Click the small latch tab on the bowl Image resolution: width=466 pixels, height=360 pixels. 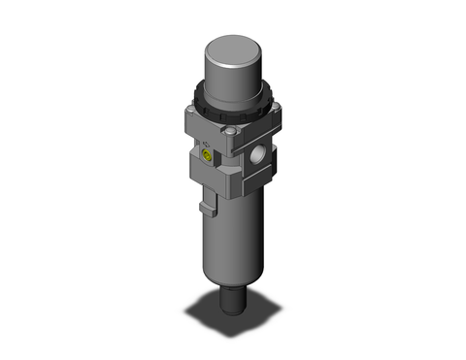pos(206,207)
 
